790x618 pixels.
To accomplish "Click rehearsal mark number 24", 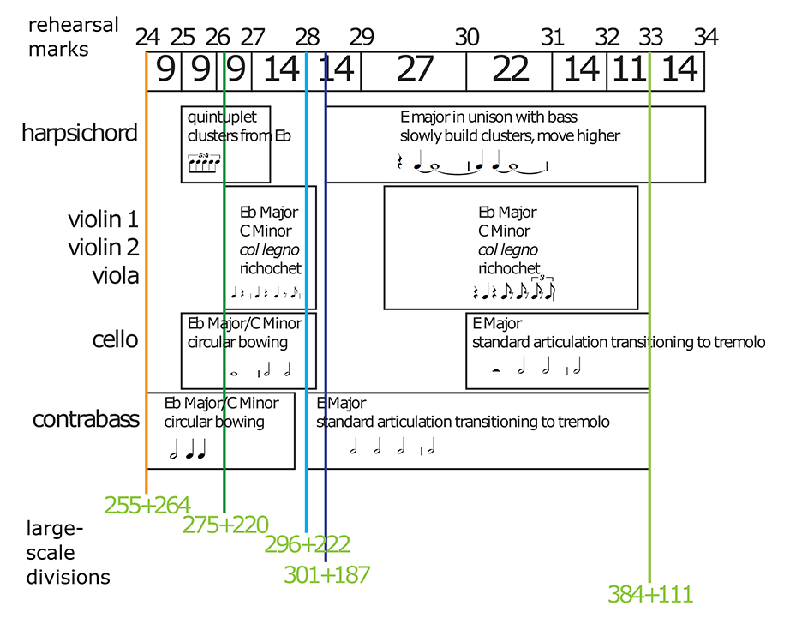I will click(147, 38).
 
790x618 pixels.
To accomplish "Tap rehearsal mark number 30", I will click(467, 38).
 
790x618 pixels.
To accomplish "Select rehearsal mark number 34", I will click(706, 38).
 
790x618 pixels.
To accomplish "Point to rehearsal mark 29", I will click(362, 38).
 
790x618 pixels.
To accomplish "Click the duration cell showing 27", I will click(414, 70).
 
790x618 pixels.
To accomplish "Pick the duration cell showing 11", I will click(628, 70).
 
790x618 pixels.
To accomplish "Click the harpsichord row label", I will click(80, 133).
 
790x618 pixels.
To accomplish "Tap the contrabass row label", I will click(86, 419).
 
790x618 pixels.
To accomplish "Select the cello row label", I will click(116, 339).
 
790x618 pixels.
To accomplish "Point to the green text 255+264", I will click(147, 505).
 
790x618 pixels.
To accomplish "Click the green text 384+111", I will click(649, 593).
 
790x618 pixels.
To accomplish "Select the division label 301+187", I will click(326, 574).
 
